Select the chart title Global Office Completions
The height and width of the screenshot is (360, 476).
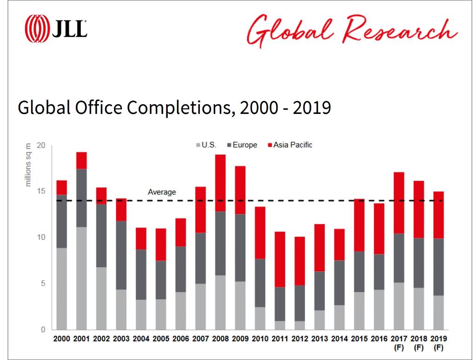174,107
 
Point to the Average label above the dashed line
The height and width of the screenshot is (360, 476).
162,192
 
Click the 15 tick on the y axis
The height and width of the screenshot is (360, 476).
42,191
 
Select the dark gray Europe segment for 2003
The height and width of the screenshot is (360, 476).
121,255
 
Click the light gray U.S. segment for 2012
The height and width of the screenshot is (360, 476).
300,325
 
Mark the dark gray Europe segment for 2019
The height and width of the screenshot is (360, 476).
437,267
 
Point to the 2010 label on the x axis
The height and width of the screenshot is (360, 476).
260,339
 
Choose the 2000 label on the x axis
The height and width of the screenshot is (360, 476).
62,339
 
